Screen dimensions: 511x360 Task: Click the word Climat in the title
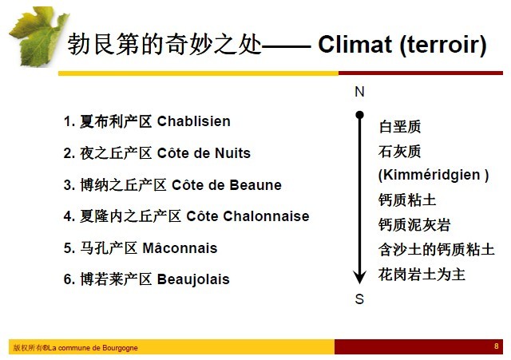tap(355, 44)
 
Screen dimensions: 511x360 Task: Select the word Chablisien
tap(193, 121)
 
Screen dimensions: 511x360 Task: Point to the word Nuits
tap(232, 153)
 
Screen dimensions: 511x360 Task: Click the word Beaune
tap(255, 185)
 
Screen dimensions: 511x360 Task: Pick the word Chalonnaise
tap(266, 216)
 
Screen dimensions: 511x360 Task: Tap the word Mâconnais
tap(180, 247)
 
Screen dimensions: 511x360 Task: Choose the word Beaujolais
tap(193, 279)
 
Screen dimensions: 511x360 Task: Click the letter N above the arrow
tap(359, 92)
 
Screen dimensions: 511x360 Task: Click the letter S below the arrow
tap(359, 299)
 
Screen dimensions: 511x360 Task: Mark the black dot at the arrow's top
tap(359, 115)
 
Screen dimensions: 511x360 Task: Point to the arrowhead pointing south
tap(359, 277)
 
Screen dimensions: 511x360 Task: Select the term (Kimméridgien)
tap(434, 175)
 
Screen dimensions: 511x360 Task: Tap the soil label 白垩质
tap(399, 126)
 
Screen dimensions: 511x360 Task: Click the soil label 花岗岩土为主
tap(422, 275)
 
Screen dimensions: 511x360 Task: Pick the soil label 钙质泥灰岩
tap(414, 225)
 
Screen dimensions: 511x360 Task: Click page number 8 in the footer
tap(497, 346)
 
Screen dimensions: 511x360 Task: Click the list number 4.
tap(67, 216)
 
